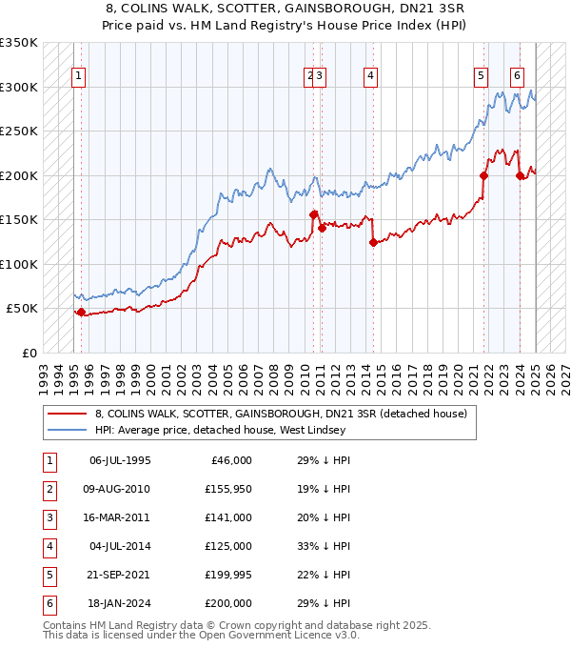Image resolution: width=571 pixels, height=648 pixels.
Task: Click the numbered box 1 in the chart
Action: (x=77, y=77)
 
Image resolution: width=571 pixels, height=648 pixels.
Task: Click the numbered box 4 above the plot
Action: (x=369, y=77)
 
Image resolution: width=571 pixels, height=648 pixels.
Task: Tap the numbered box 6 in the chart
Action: (x=516, y=77)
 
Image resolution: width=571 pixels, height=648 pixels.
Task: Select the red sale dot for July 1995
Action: (x=81, y=312)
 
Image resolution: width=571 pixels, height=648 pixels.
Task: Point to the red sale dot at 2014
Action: (x=373, y=243)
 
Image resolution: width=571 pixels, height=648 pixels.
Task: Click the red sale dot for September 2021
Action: (x=483, y=175)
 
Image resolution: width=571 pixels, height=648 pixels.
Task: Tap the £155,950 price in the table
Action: (x=227, y=489)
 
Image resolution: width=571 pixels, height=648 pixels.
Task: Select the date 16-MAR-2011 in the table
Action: (x=119, y=517)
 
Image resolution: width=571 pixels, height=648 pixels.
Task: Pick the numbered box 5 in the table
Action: (x=48, y=575)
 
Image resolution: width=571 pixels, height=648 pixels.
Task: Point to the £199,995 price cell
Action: (x=227, y=575)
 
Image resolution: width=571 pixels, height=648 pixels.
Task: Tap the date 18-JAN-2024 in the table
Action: (x=119, y=603)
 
